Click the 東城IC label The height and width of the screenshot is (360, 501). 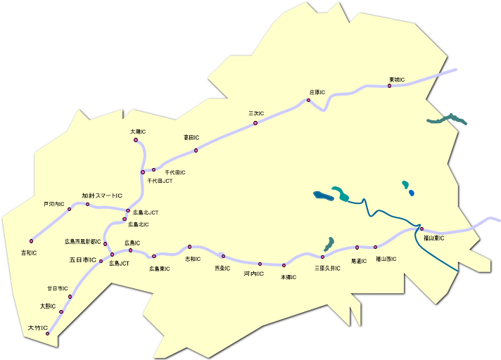coord(397,79)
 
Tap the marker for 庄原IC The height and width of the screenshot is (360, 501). coord(308,101)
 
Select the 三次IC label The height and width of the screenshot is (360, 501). coord(256,112)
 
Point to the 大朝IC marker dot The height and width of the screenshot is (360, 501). coord(136,140)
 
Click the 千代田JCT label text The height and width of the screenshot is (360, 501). coord(160,181)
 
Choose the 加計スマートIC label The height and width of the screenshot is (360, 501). coord(102,195)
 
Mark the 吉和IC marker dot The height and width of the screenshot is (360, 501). coord(31,240)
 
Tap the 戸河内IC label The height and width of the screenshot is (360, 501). coord(54,204)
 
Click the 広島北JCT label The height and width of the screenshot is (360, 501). coord(146,212)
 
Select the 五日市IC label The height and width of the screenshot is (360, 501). coord(82,259)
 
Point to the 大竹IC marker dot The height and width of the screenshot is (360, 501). coord(48,333)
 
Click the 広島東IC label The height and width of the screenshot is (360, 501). coord(159,268)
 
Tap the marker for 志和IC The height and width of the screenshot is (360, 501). coord(189,247)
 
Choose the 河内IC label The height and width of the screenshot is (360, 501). coord(253,273)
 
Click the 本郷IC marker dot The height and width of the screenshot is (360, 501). coord(284,266)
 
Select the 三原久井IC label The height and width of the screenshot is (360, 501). coord(327,268)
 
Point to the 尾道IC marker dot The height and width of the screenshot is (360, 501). coord(357,247)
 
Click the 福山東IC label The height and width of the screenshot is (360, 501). coord(433,238)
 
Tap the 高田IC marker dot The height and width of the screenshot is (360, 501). coord(196,150)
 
